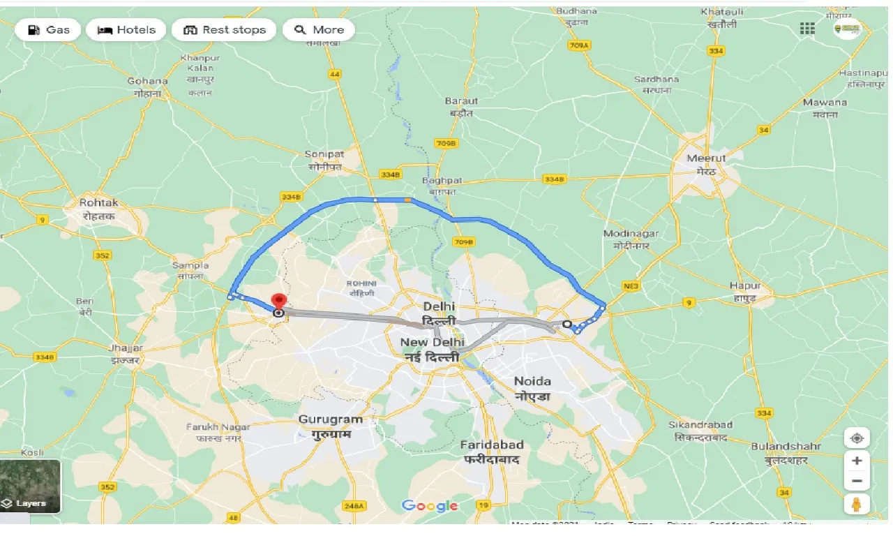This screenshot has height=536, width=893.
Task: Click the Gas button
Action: (x=48, y=30)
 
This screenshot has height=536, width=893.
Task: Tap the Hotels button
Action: (x=126, y=30)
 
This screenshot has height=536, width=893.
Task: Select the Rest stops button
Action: (x=224, y=30)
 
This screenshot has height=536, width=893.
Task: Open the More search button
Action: (x=319, y=30)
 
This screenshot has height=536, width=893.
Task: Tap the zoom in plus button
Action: (x=857, y=461)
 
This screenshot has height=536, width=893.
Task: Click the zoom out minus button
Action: (x=857, y=481)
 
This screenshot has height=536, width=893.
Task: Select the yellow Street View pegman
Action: (x=857, y=504)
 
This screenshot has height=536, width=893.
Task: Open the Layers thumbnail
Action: (x=30, y=486)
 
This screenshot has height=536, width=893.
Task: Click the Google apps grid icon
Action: (x=807, y=29)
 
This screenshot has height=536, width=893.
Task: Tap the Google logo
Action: (x=430, y=506)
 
